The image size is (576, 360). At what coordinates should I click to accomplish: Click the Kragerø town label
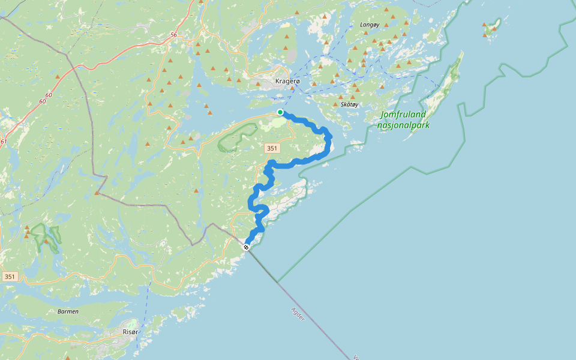(x=287, y=81)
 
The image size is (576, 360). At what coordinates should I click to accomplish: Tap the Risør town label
(x=130, y=332)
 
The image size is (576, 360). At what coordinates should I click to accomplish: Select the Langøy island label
(x=370, y=25)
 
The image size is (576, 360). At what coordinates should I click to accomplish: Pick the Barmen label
(x=67, y=311)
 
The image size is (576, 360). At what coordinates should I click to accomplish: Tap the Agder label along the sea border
(x=298, y=314)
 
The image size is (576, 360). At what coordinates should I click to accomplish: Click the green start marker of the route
(x=280, y=112)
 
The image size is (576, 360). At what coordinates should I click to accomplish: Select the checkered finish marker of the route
(x=246, y=247)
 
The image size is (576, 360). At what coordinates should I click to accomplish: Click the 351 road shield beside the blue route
(x=271, y=147)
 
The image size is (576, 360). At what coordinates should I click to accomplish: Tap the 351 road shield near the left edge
(x=10, y=277)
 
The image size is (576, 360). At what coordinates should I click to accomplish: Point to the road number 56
(x=173, y=35)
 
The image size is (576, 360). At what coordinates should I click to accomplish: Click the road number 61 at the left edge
(x=4, y=142)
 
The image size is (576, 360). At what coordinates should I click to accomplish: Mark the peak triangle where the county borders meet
(x=97, y=193)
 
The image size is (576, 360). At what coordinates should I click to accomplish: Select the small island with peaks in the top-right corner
(x=493, y=26)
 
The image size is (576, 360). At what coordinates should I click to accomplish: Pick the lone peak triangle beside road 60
(x=58, y=77)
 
